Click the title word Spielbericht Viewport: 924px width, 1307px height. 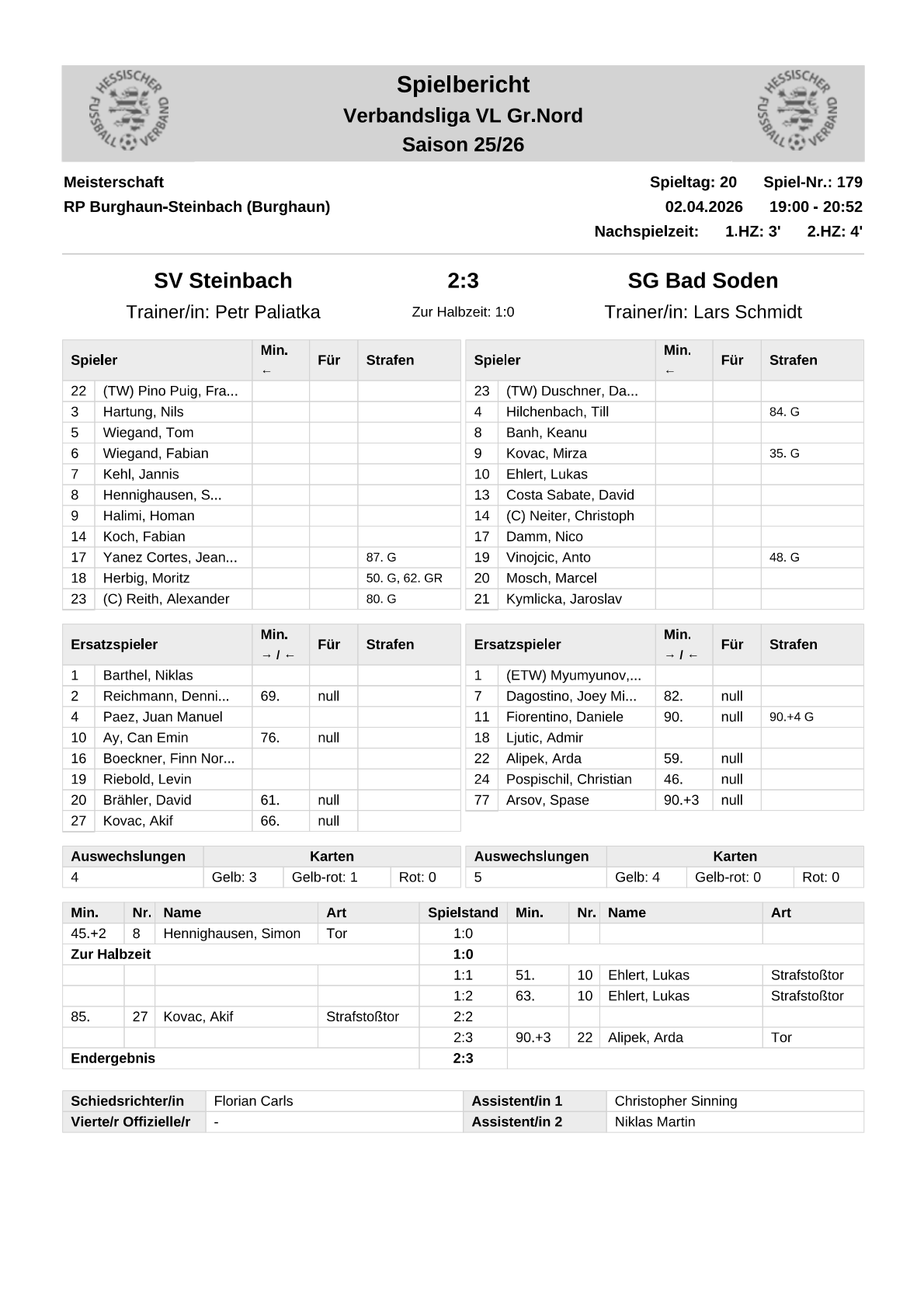(x=463, y=85)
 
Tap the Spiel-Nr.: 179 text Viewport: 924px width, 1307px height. (x=812, y=182)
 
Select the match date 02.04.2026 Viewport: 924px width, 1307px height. (x=703, y=207)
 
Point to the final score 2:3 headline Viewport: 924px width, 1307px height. (x=463, y=280)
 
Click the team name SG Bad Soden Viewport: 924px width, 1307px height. (x=703, y=280)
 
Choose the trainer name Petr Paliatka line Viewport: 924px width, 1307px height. (x=223, y=312)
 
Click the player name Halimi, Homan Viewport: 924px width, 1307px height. (x=148, y=516)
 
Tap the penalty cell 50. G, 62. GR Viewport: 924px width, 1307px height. (x=404, y=579)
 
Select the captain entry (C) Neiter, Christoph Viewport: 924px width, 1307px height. (x=570, y=516)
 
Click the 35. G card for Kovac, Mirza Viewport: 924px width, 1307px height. (x=784, y=454)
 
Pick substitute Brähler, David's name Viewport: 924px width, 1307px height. (x=147, y=800)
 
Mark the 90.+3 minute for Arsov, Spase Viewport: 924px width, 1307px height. (x=681, y=800)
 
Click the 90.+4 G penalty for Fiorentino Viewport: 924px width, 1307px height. (x=791, y=718)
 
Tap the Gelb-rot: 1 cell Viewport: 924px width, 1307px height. (x=325, y=878)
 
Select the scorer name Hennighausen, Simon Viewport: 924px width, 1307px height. (x=231, y=933)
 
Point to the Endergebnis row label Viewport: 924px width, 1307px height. (x=113, y=1058)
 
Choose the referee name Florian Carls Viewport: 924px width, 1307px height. (x=253, y=1101)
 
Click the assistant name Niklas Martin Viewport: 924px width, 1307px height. (x=655, y=1122)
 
